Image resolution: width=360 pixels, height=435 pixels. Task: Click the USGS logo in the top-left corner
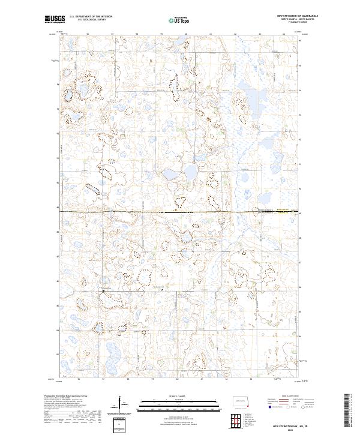coord(55,20)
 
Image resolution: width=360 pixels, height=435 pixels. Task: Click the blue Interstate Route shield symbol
coord(269,407)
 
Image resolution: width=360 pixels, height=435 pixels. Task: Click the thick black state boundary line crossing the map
coord(180,211)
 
